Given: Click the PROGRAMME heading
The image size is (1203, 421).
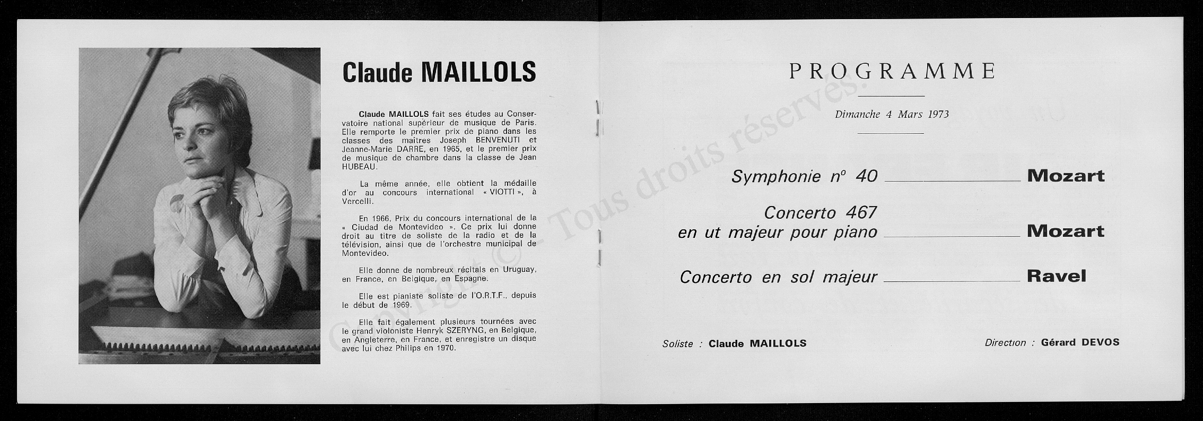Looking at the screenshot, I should (892, 71).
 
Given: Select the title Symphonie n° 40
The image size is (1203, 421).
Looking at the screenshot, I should (804, 176).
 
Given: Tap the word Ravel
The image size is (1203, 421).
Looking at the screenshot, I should (1057, 276).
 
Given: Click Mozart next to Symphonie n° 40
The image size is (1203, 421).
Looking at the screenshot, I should (1066, 176).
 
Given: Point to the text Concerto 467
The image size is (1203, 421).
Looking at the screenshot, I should (820, 213).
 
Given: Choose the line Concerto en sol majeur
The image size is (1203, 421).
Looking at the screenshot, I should (778, 277).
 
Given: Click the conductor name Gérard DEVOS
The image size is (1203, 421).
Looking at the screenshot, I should (1080, 342).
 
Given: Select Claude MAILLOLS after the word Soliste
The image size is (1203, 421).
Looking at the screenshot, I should (757, 343).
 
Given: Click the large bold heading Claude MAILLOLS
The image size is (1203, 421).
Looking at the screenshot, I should (439, 72).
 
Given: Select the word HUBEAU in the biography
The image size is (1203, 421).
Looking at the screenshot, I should (359, 167).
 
